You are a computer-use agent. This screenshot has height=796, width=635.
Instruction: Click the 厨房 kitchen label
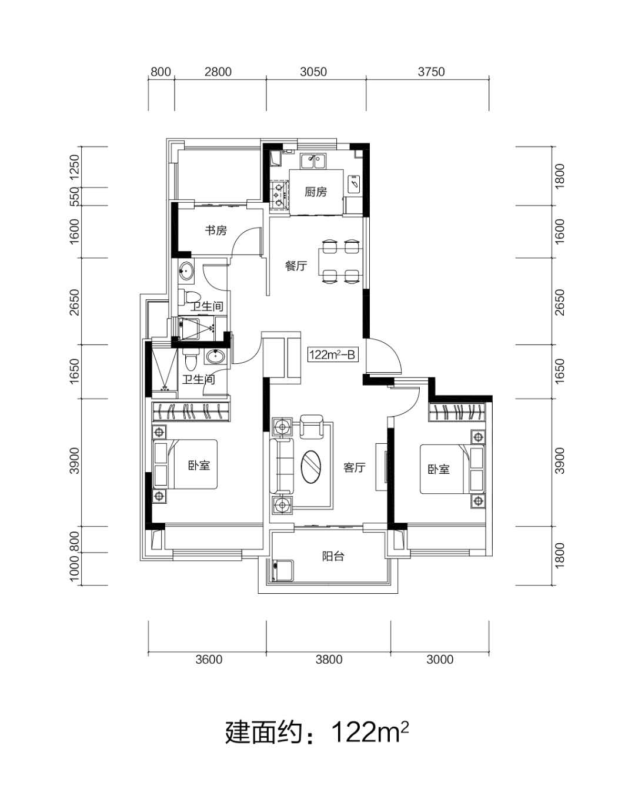point(315,192)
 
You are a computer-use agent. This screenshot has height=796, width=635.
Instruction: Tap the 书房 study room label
point(216,230)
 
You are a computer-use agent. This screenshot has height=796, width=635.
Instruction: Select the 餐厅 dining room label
point(296,266)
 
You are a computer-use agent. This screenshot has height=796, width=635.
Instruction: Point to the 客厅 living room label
point(354,467)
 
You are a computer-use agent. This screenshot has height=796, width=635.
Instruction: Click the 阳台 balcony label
point(333,556)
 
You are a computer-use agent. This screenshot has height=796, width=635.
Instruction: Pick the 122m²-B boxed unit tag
point(333,354)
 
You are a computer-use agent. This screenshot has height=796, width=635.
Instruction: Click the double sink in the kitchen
point(313,161)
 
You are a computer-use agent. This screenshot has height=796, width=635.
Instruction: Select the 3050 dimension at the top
point(313,71)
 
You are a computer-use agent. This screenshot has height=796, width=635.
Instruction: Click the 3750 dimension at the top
point(431,71)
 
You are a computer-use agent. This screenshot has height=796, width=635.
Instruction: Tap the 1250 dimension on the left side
point(75,167)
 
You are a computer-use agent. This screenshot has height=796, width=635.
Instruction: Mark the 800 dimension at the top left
point(161,71)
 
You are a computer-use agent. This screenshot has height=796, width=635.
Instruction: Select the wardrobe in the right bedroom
point(457,412)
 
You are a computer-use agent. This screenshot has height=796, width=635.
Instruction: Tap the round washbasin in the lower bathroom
point(215,357)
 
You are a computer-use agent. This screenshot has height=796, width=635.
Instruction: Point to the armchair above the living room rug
point(311,426)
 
